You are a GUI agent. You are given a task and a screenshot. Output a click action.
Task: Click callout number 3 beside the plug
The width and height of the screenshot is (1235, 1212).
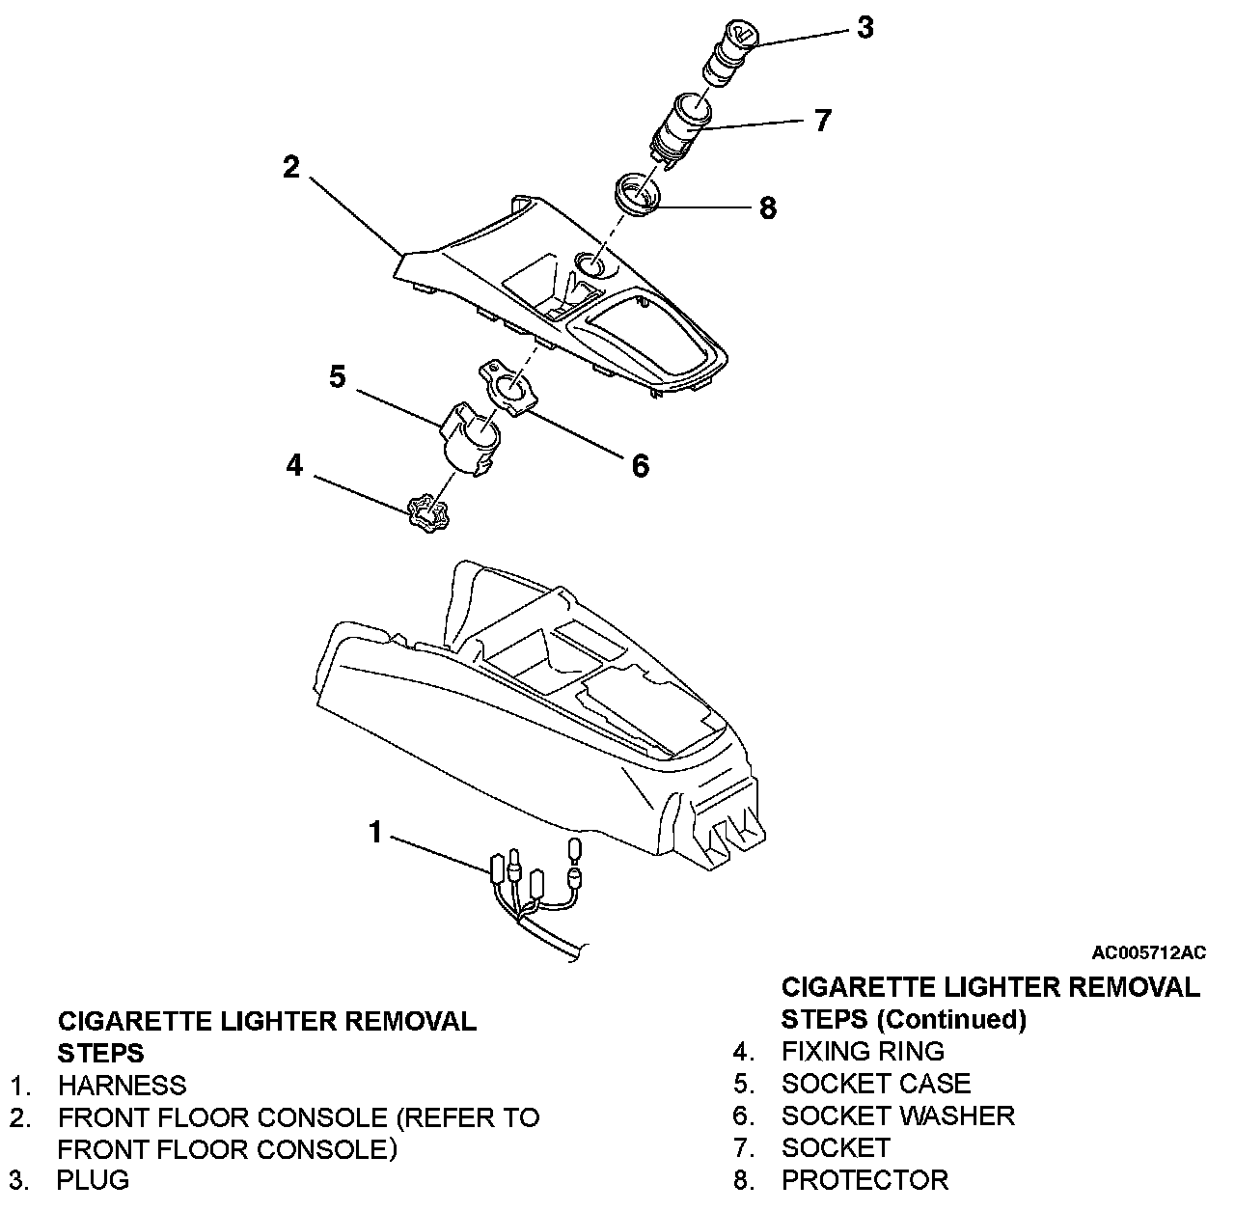pos(864,28)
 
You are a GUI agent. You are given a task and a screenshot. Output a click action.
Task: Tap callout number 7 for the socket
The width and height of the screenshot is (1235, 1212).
pos(821,121)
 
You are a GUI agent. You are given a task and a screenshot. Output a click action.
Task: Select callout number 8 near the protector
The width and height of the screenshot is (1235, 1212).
pos(768,207)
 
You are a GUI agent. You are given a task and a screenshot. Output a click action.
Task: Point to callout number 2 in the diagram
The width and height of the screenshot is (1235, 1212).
pos(290,167)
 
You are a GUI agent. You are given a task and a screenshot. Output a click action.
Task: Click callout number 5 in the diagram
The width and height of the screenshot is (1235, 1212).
pos(337,376)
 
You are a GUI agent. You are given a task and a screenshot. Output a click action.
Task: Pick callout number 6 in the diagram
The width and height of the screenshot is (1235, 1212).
pos(640,466)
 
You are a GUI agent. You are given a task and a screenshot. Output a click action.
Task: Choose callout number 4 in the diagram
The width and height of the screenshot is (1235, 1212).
pos(294,466)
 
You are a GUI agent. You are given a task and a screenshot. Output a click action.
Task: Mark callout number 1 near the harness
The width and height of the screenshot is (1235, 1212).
pos(376,832)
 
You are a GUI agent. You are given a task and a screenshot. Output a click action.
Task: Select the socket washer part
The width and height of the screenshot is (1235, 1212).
pos(508,392)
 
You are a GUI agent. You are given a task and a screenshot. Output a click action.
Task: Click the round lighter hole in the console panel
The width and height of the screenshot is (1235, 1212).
pos(590,263)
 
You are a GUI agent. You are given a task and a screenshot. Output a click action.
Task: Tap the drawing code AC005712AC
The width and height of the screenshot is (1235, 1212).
pos(1148,953)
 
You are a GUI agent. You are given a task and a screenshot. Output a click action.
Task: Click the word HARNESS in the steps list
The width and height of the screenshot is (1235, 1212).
pos(122,1086)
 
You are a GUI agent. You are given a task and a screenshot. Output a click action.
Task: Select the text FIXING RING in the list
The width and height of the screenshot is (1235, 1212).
pos(863,1051)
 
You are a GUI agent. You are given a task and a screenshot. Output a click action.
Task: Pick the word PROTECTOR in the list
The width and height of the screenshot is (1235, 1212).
pos(864,1180)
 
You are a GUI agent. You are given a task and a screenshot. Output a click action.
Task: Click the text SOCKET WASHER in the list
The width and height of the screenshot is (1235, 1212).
pos(897,1116)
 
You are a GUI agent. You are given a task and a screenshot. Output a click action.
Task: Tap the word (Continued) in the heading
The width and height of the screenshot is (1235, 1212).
pos(952,1019)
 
